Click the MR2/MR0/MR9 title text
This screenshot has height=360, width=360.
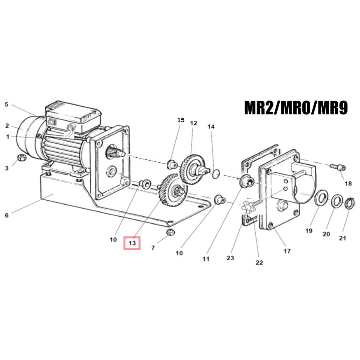pyautogui.click(x=296, y=108)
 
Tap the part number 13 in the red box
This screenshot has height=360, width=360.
pyautogui.click(x=132, y=243)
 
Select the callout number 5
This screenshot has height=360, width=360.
pyautogui.click(x=7, y=105)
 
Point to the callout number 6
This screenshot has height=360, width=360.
pyautogui.click(x=7, y=215)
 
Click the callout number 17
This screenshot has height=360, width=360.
pyautogui.click(x=287, y=251)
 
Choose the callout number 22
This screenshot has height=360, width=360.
pyautogui.click(x=259, y=262)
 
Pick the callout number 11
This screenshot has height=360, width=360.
pyautogui.click(x=206, y=259)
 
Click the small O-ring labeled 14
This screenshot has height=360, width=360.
pyautogui.click(x=216, y=174)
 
